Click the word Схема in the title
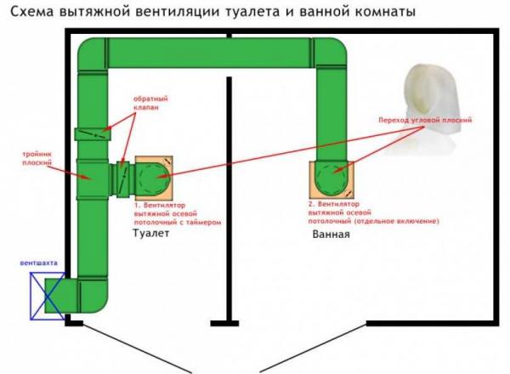coord(28,11)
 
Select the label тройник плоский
coord(38,157)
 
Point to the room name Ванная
coord(331,235)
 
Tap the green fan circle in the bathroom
coord(331,178)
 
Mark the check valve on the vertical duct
coord(91,133)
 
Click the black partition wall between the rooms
coord(229,195)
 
